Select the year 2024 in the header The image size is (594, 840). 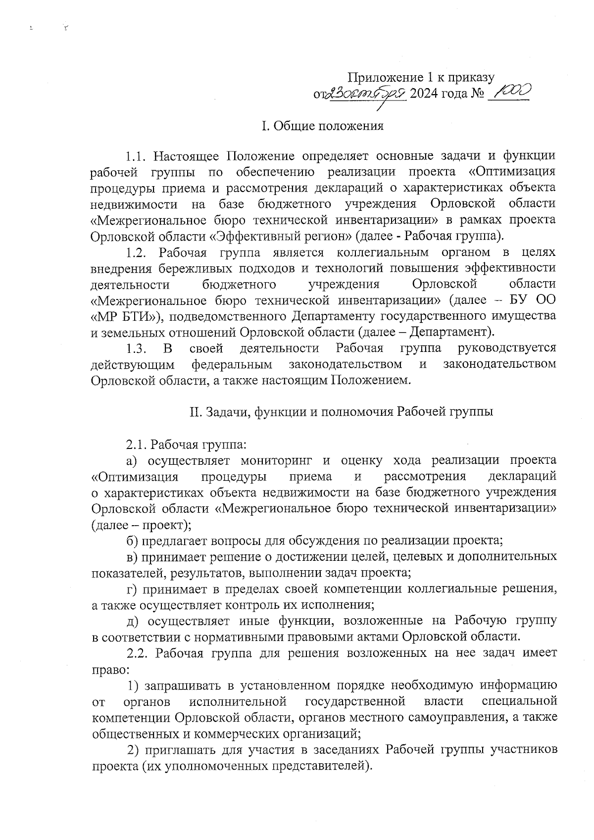point(425,93)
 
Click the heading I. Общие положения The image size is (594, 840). point(322,126)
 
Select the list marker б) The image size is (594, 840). point(132,540)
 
